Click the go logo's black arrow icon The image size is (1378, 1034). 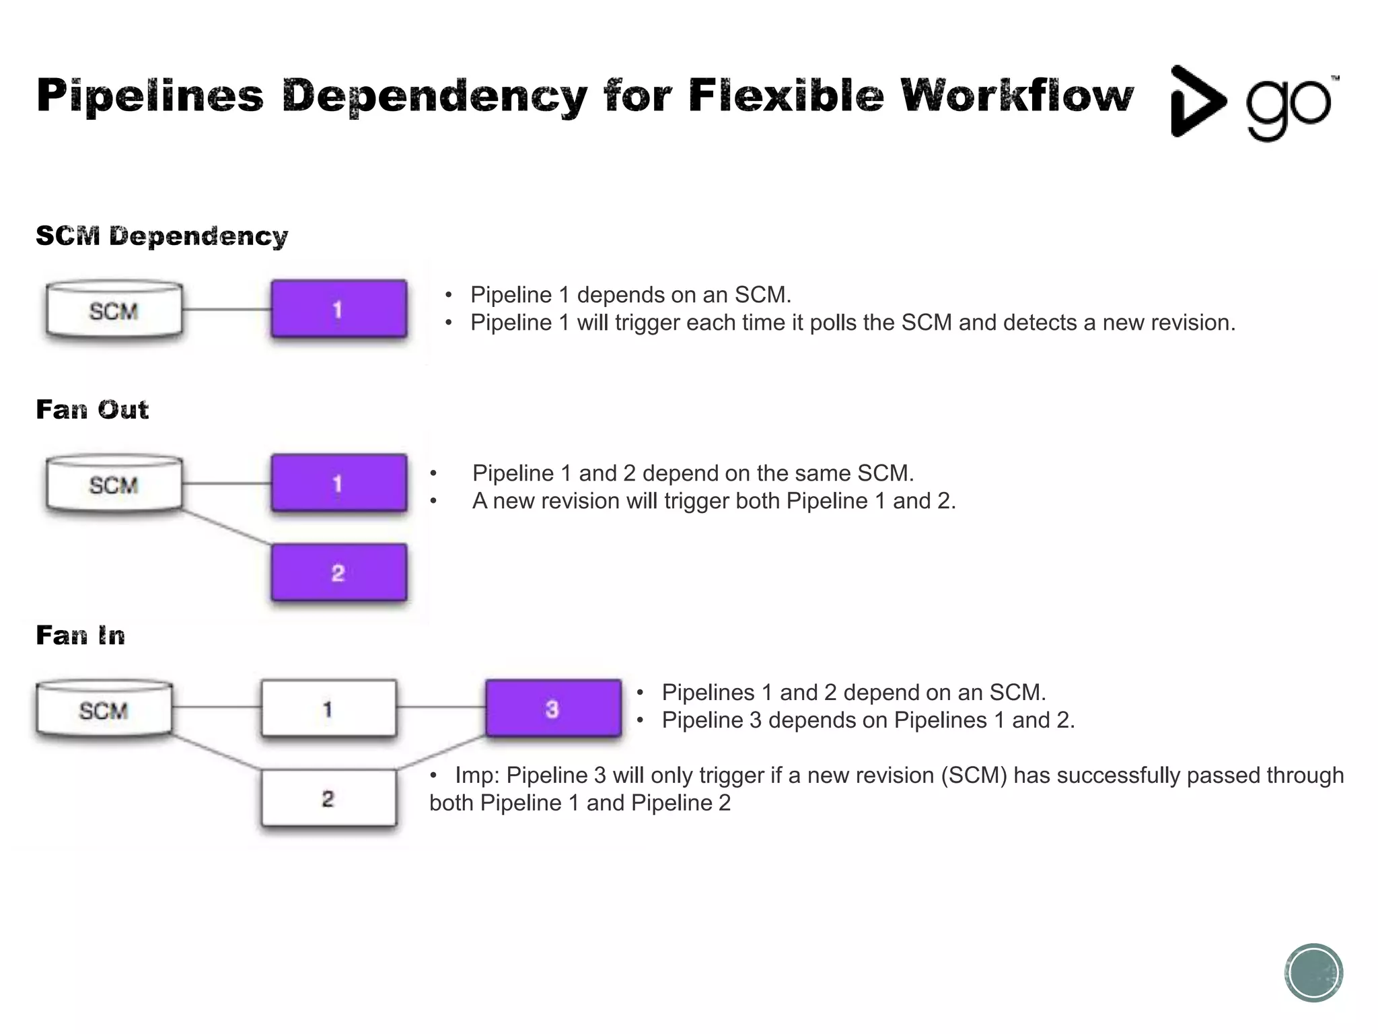[1195, 101]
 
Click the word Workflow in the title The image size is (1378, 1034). [1017, 96]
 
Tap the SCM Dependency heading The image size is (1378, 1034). [161, 236]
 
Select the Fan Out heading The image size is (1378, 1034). [92, 409]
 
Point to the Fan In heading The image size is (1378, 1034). [81, 635]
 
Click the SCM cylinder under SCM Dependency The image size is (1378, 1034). [114, 310]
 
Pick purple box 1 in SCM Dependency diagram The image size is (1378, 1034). [338, 309]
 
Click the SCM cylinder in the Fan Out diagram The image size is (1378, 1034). [114, 484]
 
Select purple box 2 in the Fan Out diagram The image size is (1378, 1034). [338, 573]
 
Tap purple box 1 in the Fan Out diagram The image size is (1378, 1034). [338, 483]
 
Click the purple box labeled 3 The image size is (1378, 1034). [552, 708]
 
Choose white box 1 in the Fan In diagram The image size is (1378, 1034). [328, 708]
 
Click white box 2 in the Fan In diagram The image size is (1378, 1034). [328, 798]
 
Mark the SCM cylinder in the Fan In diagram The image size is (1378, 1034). [104, 710]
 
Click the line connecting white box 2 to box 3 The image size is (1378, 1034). [441, 753]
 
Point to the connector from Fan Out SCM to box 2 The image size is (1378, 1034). [227, 527]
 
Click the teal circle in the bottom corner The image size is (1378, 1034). [1313, 973]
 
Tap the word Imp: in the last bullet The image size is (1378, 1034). [476, 775]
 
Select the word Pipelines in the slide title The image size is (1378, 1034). [150, 96]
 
